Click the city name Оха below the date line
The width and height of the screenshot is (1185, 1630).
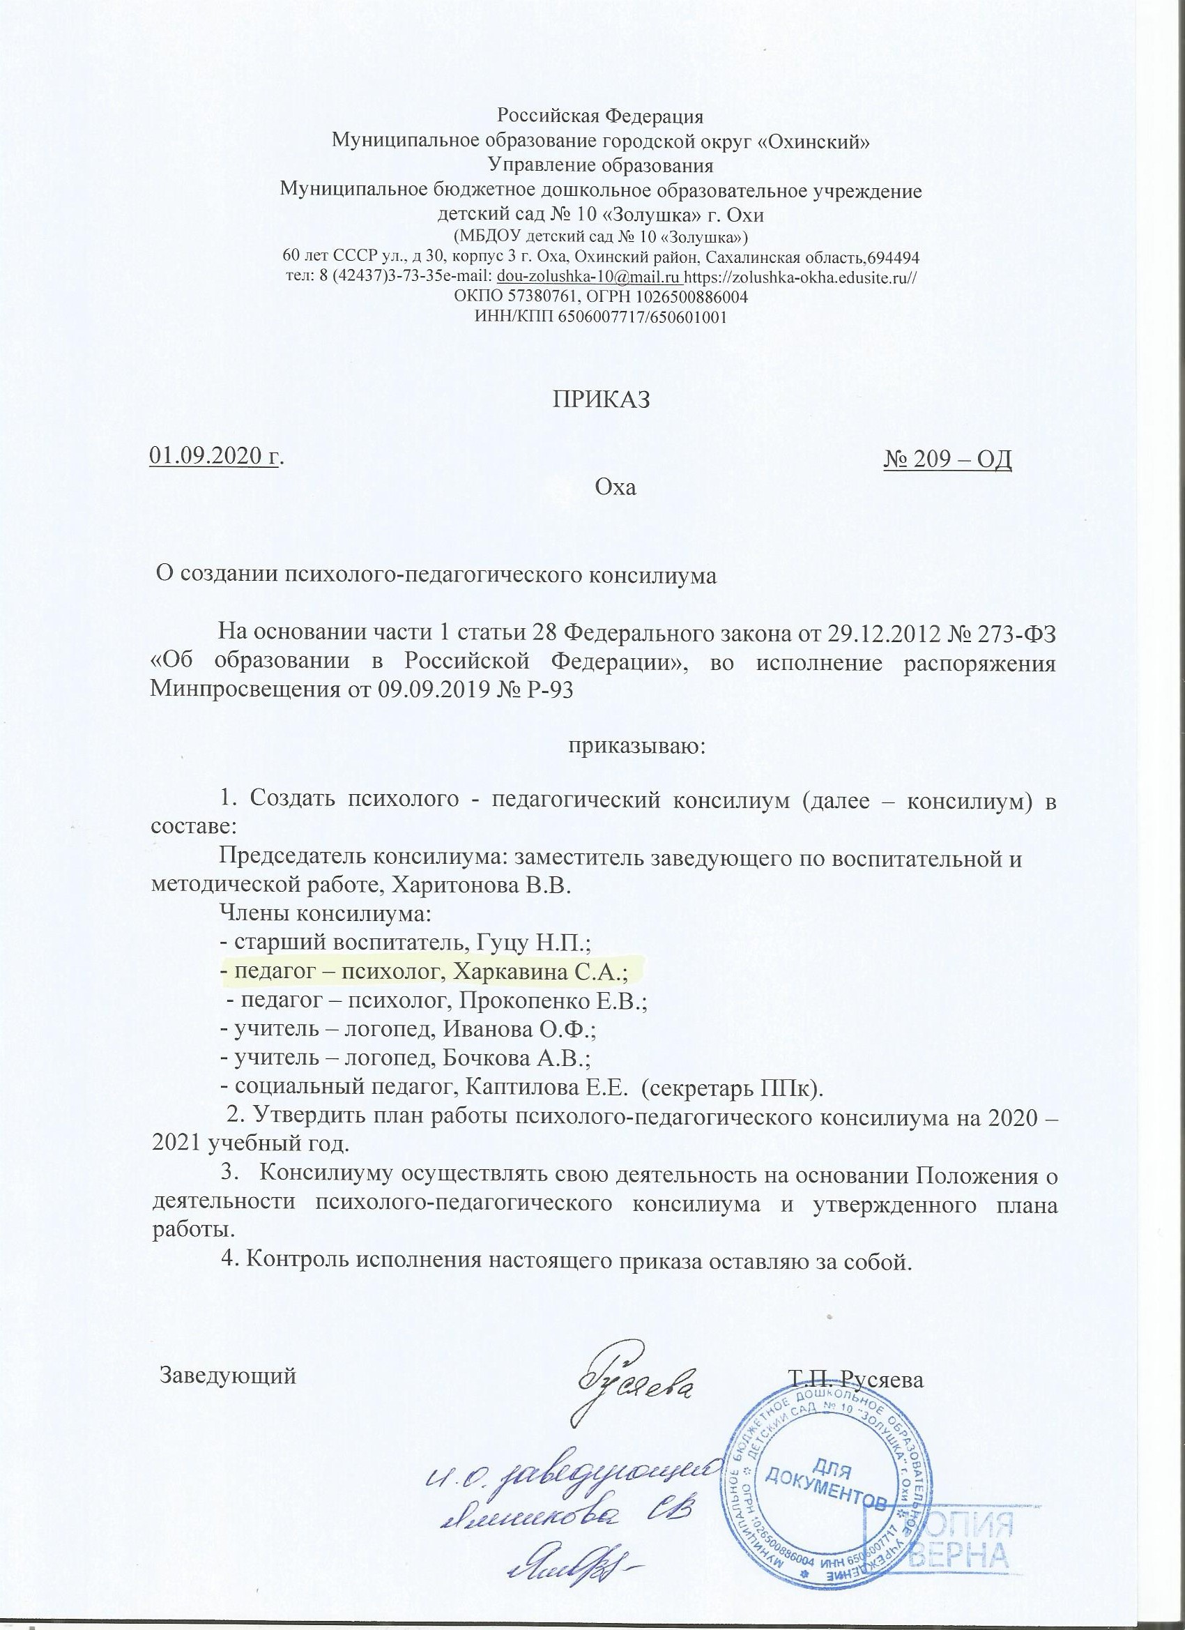pyautogui.click(x=617, y=488)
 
